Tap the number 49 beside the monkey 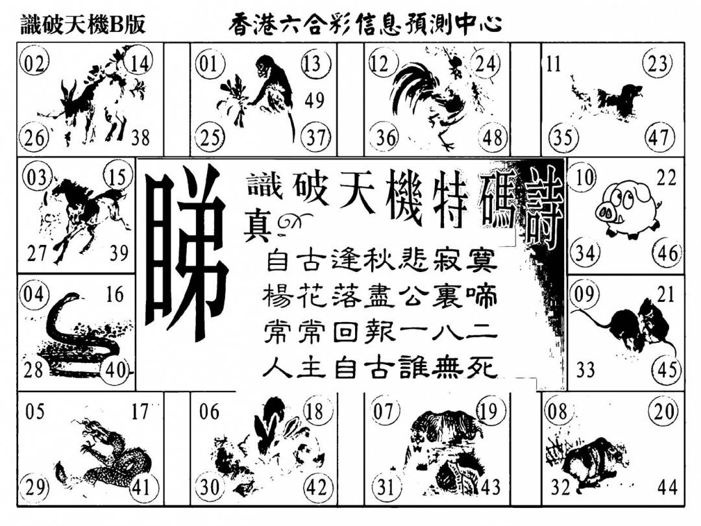314,99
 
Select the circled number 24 486,64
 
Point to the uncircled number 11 553,65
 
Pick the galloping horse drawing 85,215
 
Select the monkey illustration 264,94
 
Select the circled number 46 668,252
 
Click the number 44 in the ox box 667,487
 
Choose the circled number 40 116,369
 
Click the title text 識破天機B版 84,25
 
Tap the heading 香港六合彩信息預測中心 365,24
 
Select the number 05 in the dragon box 35,412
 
